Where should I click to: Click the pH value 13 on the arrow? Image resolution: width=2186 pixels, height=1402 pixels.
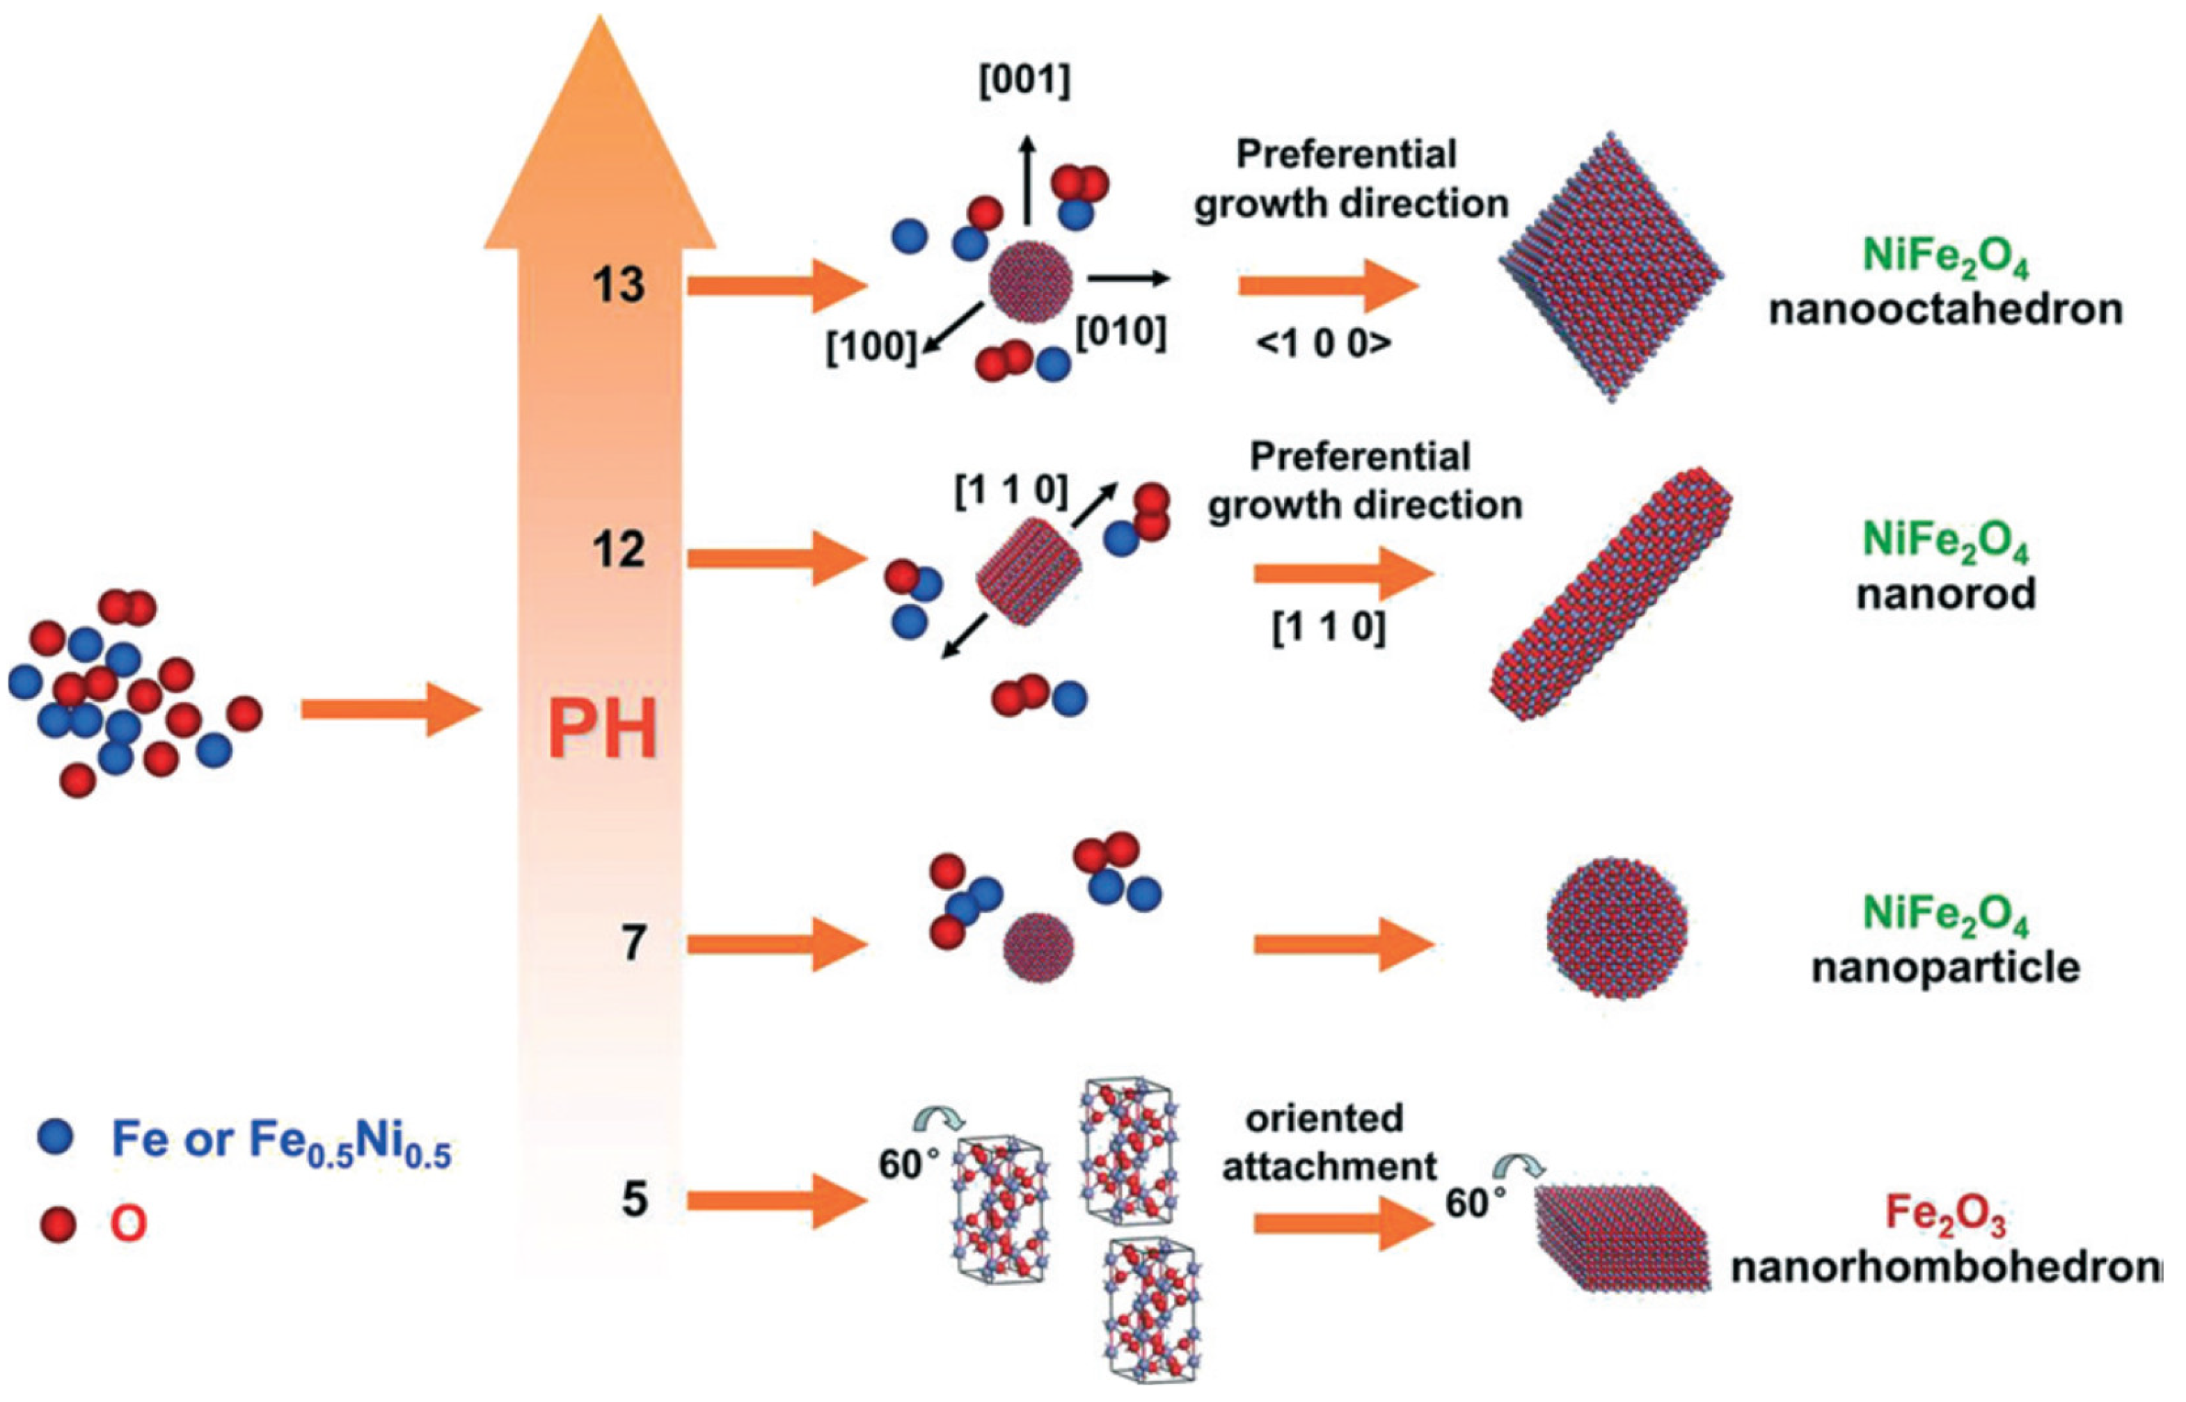[619, 285]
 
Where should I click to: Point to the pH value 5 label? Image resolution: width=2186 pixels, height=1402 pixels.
[635, 1200]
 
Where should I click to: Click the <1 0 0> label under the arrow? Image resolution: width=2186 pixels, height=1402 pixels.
[1324, 343]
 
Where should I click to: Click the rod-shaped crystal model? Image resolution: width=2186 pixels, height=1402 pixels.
[1610, 605]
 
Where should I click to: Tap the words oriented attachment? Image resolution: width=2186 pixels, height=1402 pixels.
[1329, 1142]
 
